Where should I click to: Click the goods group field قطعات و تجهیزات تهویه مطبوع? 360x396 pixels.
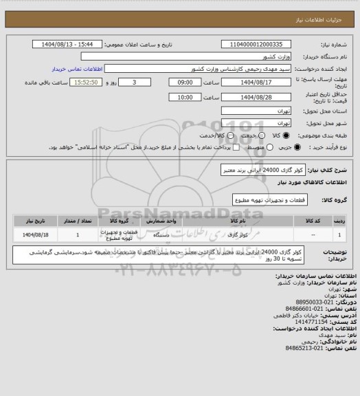(x=269, y=199)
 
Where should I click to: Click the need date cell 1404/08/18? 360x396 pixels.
(x=30, y=235)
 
